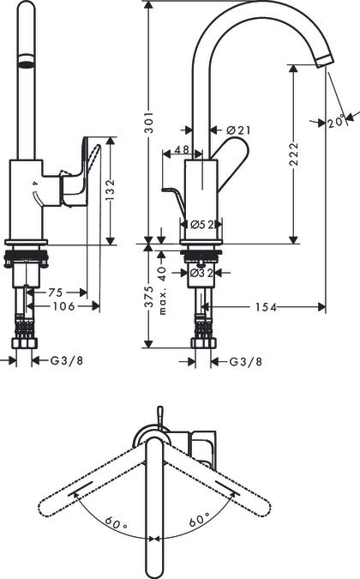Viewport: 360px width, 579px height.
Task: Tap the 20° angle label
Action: pos(336,122)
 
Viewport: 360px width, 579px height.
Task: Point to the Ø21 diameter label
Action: pos(239,130)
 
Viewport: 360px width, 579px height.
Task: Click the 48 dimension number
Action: pos(182,149)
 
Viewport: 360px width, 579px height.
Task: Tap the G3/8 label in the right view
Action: pos(246,362)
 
